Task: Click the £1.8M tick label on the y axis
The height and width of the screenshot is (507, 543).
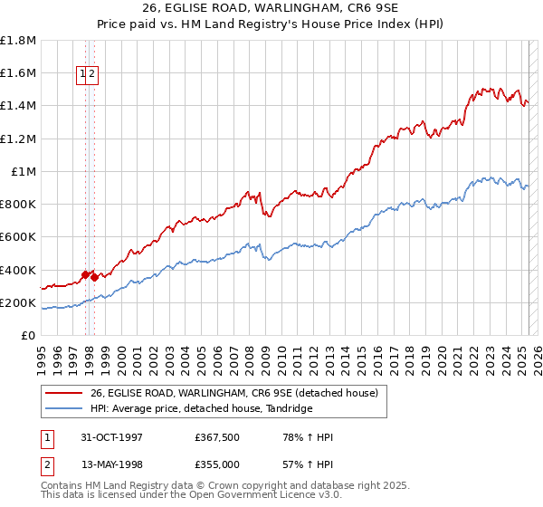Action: (19, 41)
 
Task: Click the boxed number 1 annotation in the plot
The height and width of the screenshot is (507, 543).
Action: (82, 75)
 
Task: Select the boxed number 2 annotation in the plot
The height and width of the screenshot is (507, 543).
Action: (92, 75)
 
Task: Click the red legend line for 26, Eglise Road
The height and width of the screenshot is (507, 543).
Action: (62, 393)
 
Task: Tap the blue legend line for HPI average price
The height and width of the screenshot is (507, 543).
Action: (62, 409)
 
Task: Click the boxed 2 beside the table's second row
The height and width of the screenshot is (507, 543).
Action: (46, 464)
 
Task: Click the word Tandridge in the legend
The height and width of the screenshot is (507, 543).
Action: (289, 409)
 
